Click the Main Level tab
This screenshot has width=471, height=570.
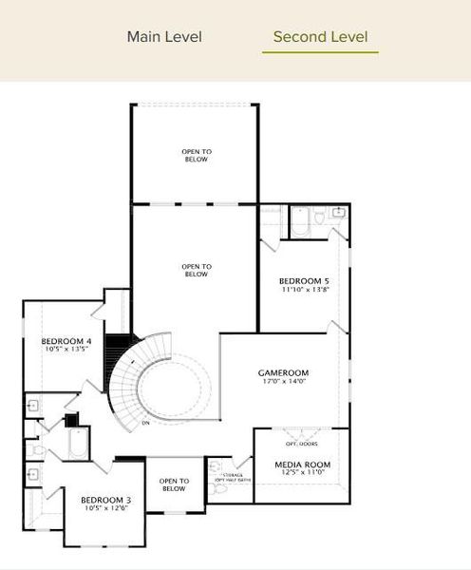click(164, 37)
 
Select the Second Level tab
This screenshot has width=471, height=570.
click(320, 37)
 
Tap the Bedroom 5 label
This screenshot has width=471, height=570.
click(304, 281)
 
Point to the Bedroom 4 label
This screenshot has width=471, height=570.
click(66, 341)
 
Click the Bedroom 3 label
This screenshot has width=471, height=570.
click(105, 500)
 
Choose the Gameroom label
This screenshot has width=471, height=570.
click(284, 373)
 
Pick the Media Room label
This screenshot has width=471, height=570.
click(302, 465)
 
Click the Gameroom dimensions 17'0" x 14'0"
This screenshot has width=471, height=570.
click(284, 383)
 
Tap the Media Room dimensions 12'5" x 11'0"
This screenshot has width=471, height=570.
click(302, 473)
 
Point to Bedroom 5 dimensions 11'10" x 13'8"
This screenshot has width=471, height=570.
click(304, 291)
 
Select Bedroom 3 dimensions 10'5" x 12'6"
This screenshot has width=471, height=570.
click(105, 509)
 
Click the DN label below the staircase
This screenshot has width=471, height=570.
click(145, 422)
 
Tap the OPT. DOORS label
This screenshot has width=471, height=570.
click(302, 443)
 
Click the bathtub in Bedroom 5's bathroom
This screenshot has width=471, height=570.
click(299, 220)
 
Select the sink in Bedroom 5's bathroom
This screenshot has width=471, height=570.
click(339, 213)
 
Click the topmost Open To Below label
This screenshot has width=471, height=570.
click(196, 156)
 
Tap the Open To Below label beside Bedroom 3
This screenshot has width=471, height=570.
click(173, 485)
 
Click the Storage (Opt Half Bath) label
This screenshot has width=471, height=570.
click(232, 477)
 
